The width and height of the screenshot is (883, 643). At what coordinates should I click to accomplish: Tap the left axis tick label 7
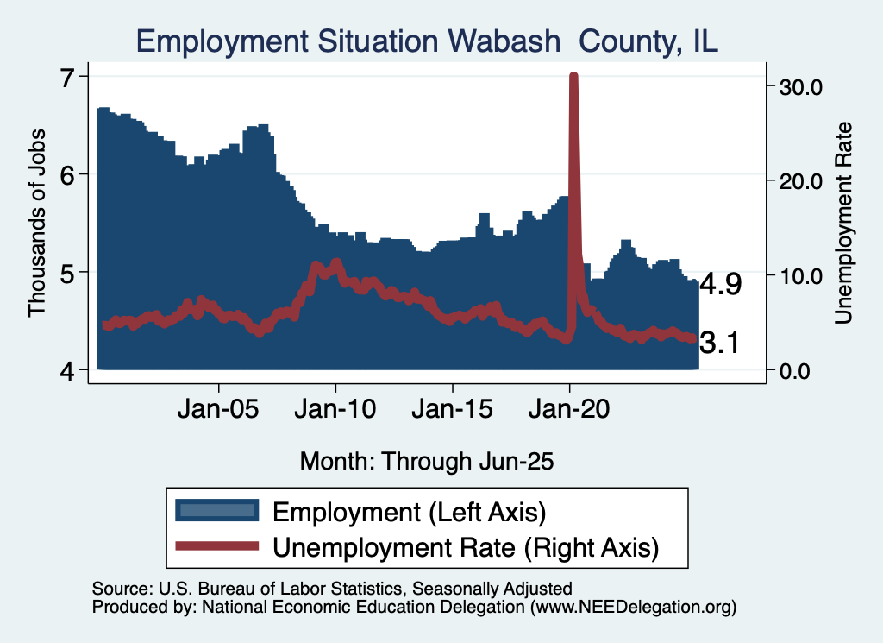(69, 76)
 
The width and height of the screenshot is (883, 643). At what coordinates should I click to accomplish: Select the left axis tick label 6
(69, 174)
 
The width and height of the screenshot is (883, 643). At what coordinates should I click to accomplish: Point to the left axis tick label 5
(69, 273)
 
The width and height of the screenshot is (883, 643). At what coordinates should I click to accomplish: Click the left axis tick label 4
(69, 370)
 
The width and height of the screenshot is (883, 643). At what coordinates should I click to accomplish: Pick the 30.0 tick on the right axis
(801, 86)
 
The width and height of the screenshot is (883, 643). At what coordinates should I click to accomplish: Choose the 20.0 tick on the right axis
(801, 181)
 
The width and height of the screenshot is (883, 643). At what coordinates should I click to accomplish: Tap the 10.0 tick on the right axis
(801, 276)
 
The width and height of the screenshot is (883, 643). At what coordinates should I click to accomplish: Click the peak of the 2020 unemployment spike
(573, 77)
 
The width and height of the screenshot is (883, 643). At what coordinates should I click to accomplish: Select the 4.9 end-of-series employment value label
(720, 285)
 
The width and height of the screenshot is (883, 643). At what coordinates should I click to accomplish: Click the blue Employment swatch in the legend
(216, 511)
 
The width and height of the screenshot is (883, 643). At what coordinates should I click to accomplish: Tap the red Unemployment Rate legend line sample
(216, 545)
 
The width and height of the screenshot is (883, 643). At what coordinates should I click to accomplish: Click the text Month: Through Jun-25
(426, 461)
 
